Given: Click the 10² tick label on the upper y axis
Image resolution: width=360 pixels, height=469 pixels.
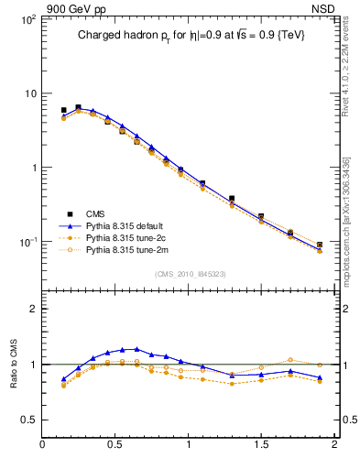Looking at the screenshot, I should tap(27, 19).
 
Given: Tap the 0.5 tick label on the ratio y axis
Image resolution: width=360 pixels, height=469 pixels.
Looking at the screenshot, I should tap(29, 420).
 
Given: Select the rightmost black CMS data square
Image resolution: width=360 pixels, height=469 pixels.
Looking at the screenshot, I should tap(319, 245).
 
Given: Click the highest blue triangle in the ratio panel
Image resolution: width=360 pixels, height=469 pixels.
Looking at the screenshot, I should tap(136, 349).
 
